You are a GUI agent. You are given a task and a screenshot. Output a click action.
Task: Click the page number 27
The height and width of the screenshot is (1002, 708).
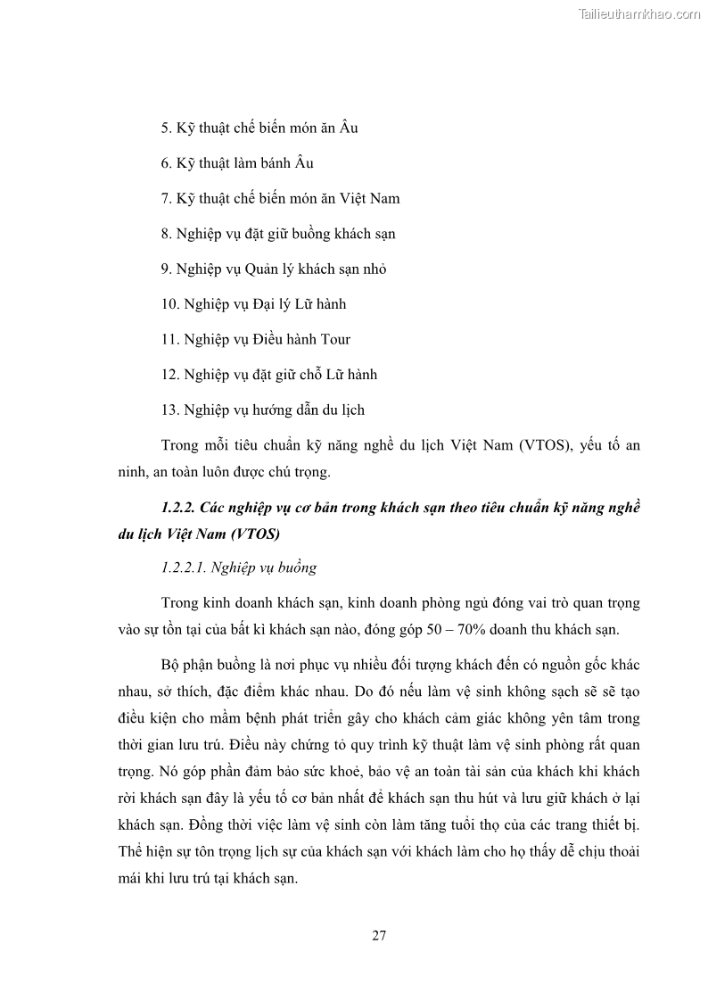click(x=378, y=936)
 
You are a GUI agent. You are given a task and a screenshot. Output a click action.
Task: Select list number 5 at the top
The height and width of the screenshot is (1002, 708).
click(x=166, y=128)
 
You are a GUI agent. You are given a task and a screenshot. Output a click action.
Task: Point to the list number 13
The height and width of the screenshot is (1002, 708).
click(x=170, y=410)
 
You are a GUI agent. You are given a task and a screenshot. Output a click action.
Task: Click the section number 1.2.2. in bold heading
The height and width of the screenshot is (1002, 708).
click(x=178, y=508)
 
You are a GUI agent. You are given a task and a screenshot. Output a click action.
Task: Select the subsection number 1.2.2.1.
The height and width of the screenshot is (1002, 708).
click(x=187, y=567)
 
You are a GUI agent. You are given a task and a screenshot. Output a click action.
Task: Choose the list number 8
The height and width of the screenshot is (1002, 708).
click(x=166, y=234)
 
